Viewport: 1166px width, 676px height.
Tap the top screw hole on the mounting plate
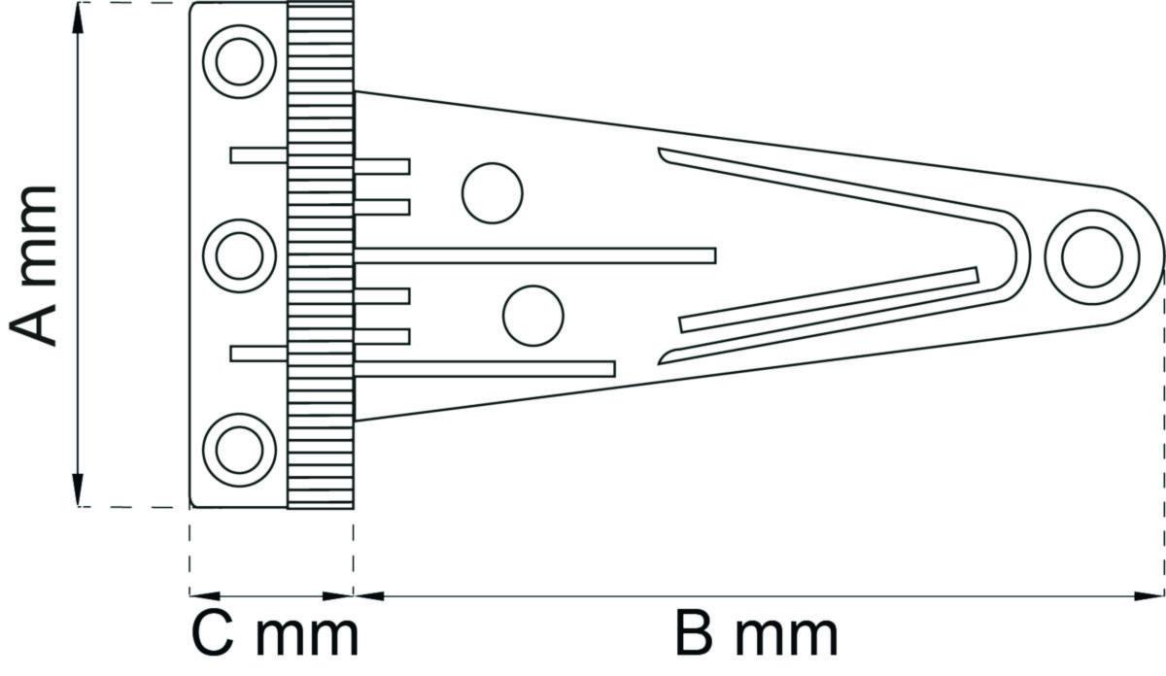point(239,61)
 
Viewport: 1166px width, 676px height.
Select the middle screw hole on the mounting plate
point(239,256)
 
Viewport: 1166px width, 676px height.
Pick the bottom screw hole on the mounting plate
point(239,451)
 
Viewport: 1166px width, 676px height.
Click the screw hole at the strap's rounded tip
point(1092,257)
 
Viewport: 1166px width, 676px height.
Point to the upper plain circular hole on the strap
point(493,193)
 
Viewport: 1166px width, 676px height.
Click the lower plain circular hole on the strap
point(533,316)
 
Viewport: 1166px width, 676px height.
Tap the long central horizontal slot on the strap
point(535,256)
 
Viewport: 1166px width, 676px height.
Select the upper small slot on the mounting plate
point(258,155)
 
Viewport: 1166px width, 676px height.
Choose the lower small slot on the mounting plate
point(258,354)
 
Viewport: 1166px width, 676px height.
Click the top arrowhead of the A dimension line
point(78,18)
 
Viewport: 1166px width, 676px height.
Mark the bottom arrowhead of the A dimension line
point(78,490)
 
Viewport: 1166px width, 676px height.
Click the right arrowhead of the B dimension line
point(1149,595)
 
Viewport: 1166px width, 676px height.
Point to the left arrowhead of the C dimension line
point(205,595)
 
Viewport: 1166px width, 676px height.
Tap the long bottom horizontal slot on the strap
point(485,369)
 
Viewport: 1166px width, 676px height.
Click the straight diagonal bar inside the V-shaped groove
point(829,300)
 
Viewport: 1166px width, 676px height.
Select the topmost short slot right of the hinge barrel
point(382,166)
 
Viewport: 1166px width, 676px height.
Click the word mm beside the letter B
point(786,639)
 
